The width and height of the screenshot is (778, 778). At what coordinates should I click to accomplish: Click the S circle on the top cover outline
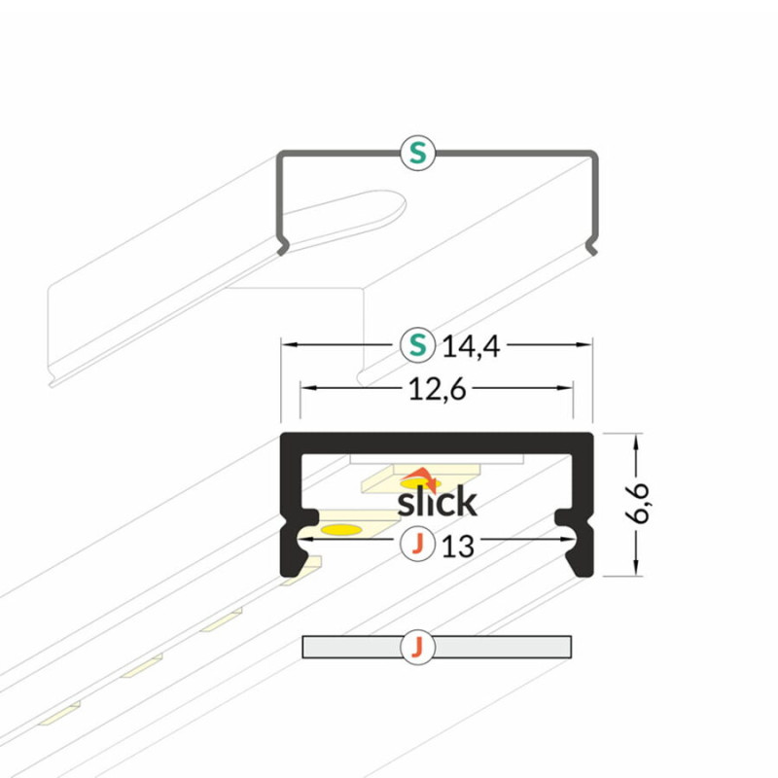click(x=418, y=153)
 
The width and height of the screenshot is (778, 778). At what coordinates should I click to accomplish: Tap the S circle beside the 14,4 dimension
click(x=418, y=344)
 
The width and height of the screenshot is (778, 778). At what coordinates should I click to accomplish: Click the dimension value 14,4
click(x=471, y=346)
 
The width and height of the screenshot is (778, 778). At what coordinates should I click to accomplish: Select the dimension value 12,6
click(x=437, y=389)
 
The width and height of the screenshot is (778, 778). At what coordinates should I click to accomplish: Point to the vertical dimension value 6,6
click(x=637, y=503)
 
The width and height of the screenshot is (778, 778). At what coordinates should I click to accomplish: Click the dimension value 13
click(x=458, y=547)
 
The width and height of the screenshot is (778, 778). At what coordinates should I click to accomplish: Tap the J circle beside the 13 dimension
click(x=418, y=544)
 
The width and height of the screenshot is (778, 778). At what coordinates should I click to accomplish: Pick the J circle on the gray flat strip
click(x=418, y=647)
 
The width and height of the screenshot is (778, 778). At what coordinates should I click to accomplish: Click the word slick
click(x=437, y=501)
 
